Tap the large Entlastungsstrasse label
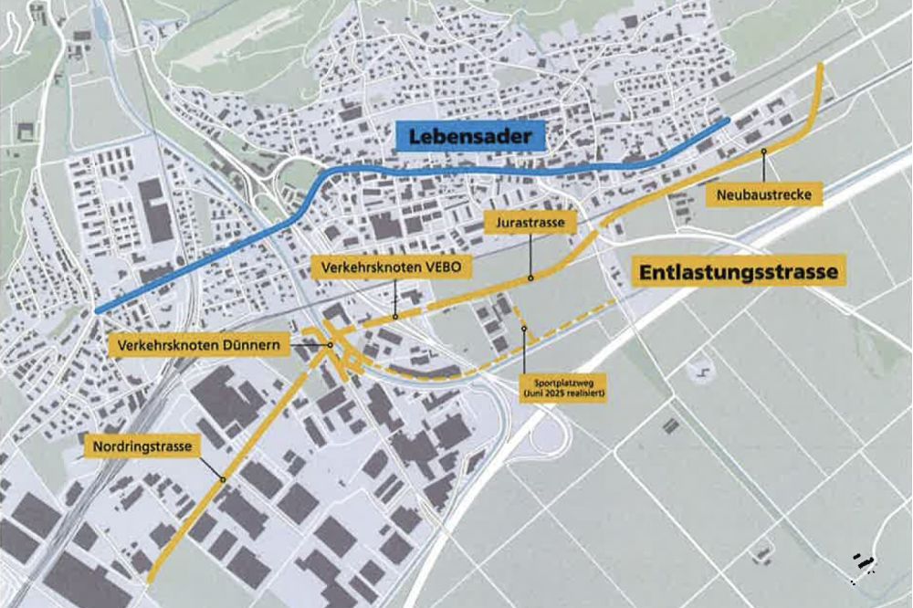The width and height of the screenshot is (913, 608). (x=735, y=272)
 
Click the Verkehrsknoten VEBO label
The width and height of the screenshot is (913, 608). (x=394, y=267)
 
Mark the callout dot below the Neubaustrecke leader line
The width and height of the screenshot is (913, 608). (x=762, y=149)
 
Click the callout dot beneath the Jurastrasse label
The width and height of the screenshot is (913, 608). (x=530, y=277)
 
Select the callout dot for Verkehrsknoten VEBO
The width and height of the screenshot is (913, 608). (x=394, y=317)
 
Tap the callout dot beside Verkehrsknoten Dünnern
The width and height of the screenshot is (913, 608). (x=330, y=345)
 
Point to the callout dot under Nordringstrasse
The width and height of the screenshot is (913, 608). (x=221, y=478)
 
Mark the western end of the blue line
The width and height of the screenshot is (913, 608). (x=97, y=310)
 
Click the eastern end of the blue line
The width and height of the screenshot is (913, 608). (x=728, y=120)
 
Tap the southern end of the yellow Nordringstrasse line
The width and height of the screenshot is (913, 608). (x=149, y=578)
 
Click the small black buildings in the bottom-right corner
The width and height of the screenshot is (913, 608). (x=861, y=562)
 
